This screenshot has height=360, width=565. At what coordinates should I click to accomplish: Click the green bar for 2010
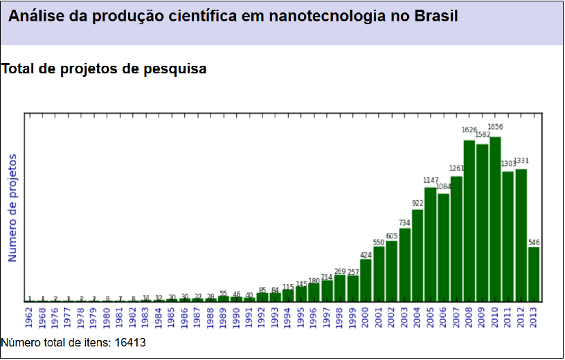[495, 219]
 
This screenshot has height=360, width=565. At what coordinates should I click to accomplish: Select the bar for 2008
[469, 221]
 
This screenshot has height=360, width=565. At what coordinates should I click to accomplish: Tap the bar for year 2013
[534, 274]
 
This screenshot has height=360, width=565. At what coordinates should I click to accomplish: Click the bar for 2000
[366, 280]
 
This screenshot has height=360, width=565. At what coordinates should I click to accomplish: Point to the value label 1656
[495, 127]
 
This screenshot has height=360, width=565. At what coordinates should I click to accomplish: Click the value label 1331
[521, 161]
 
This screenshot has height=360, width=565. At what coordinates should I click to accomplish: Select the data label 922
[418, 204]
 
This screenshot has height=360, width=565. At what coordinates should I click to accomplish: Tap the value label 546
[534, 242]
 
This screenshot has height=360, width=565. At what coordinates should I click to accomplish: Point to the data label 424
[366, 255]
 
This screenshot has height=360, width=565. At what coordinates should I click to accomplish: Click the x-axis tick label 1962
[30, 318]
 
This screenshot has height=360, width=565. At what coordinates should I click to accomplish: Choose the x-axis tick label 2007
[456, 318]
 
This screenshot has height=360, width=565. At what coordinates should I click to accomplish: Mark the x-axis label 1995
[301, 318]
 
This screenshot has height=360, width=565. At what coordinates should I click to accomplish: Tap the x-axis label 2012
[521, 318]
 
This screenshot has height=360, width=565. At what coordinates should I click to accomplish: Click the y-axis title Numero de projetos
[12, 208]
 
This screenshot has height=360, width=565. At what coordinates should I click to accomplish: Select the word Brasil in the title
[436, 16]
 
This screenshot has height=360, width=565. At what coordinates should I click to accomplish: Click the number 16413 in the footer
[129, 342]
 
